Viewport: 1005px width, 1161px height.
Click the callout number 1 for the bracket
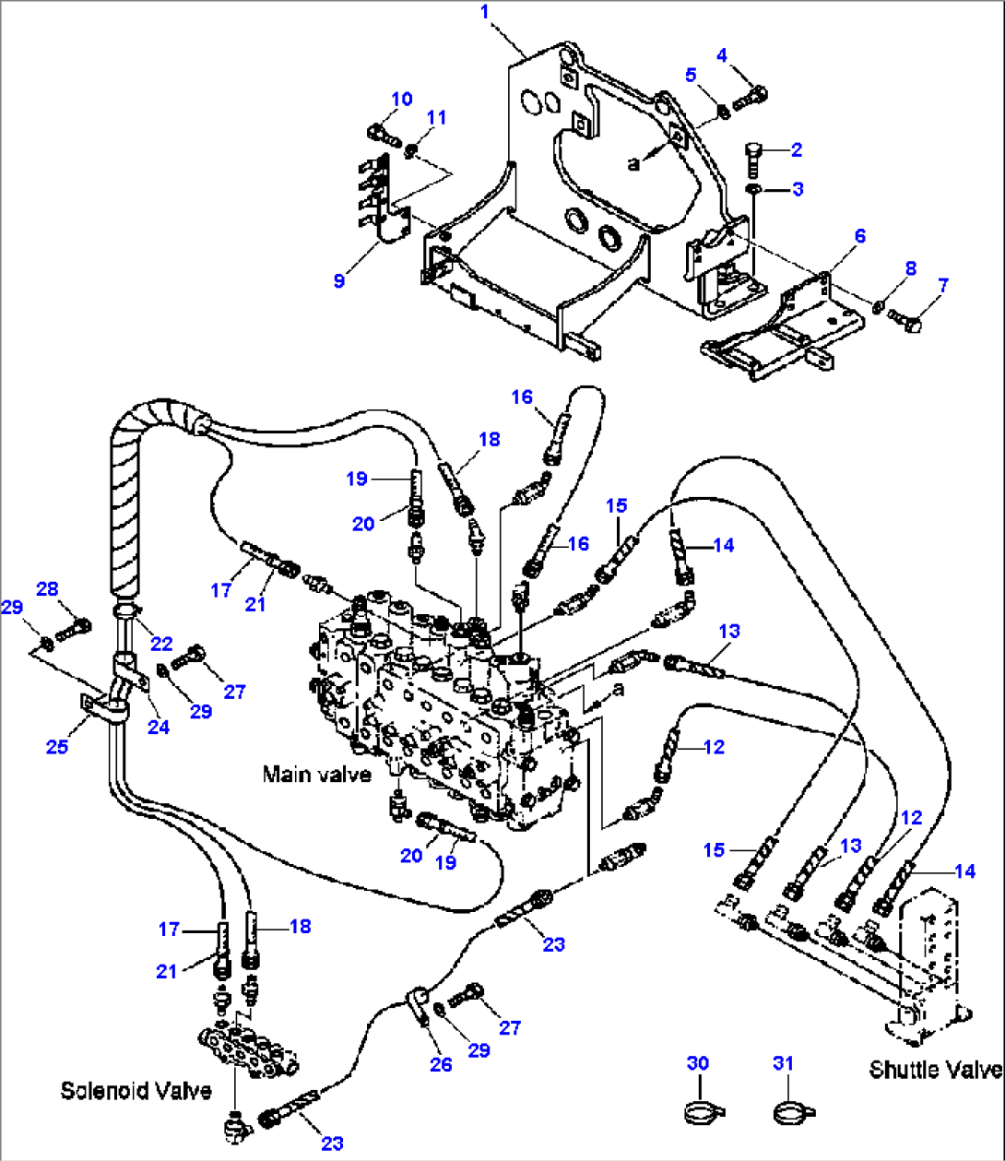pos(485,12)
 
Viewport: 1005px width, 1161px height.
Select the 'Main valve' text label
pos(316,774)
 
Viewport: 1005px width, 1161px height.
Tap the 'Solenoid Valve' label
pos(136,1090)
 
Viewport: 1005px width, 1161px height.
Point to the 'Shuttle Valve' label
pos(935,1069)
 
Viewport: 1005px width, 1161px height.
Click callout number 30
pos(698,1063)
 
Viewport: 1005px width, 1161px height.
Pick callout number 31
pos(783,1063)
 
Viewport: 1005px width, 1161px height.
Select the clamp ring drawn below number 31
pos(786,1111)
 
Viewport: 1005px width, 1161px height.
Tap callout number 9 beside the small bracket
pos(339,280)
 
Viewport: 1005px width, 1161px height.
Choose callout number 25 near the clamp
pos(57,745)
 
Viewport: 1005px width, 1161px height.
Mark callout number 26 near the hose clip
pos(441,1064)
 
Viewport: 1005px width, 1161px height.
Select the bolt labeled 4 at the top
pos(752,93)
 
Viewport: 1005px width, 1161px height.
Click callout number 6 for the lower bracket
pos(859,236)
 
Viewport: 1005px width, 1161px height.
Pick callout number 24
pos(159,727)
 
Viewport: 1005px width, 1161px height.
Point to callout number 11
pos(436,117)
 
